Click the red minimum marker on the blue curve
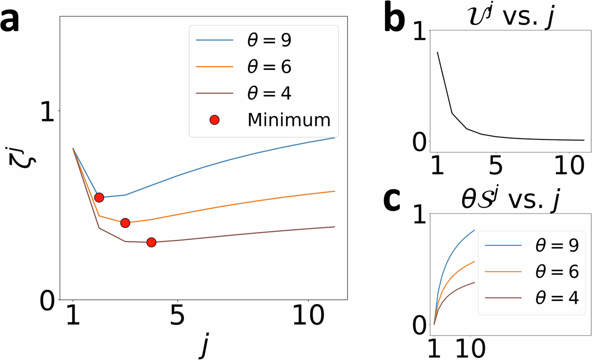[x=99, y=197]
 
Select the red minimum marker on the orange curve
[x=125, y=223]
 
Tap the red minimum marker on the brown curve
[x=151, y=242]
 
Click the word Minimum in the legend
[x=289, y=119]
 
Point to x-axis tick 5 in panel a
[x=177, y=318]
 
